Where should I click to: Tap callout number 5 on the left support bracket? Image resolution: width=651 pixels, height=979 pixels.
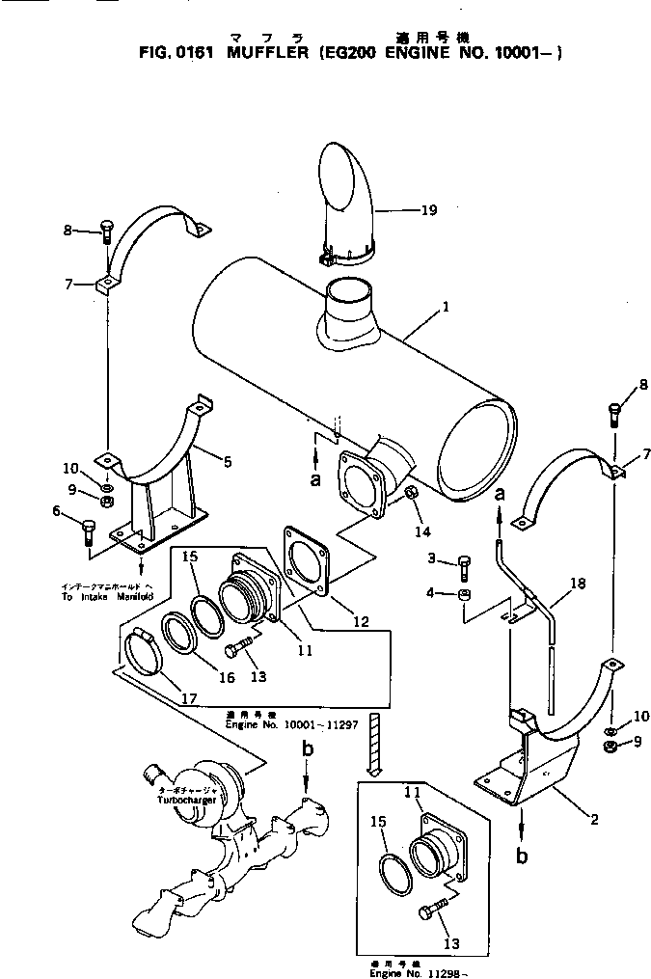click(228, 462)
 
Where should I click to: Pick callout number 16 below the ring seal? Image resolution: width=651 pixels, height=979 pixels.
click(226, 677)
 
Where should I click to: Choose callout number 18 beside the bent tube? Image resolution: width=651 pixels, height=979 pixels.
click(577, 584)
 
